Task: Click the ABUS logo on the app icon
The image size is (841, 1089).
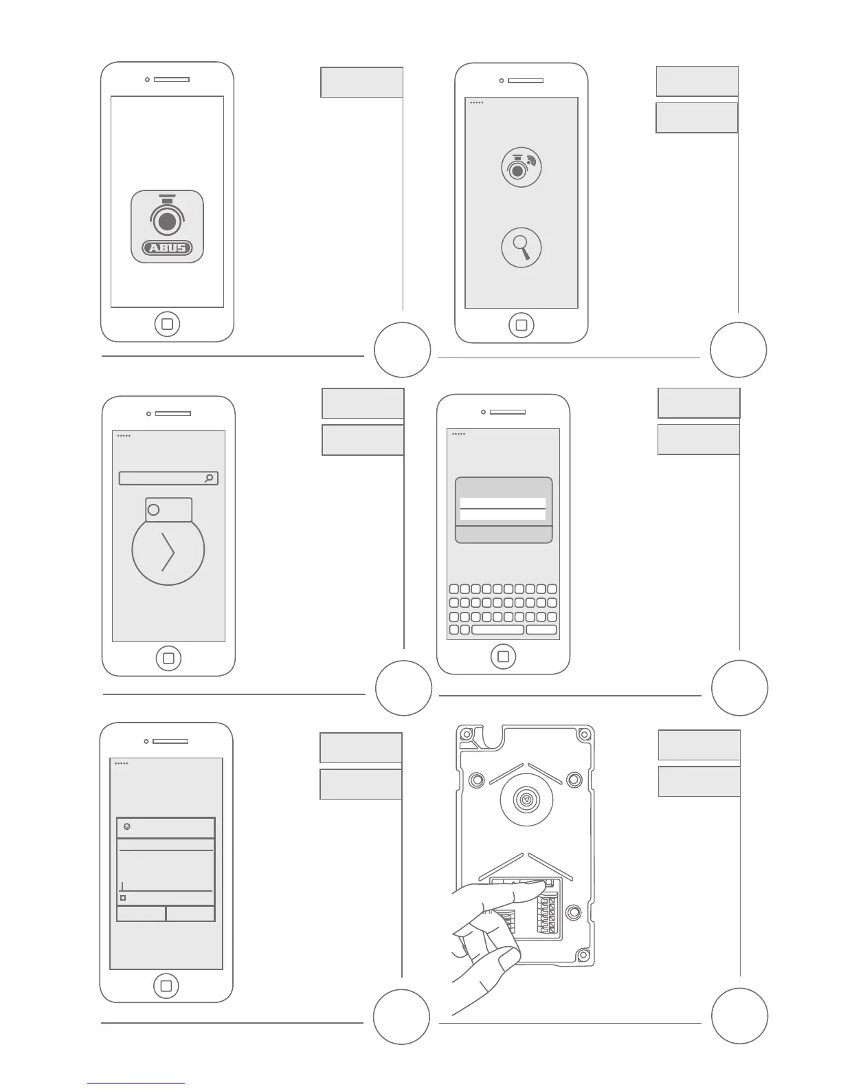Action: coord(167,247)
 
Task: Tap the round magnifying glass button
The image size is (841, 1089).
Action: coord(522,248)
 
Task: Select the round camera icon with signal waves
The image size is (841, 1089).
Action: coord(522,167)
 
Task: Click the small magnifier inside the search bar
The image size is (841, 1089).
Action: coord(210,478)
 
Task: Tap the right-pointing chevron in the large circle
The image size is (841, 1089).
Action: coord(168,551)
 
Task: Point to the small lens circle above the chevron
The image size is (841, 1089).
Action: coord(154,509)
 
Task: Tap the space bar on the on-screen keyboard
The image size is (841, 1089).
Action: coord(498,630)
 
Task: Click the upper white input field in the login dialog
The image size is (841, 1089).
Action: coord(503,503)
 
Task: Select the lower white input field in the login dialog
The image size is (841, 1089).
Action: coord(503,515)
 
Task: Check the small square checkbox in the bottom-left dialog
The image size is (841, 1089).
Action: coord(124,898)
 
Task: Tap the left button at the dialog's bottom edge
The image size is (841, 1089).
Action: coord(142,914)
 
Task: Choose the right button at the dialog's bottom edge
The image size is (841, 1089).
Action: coord(190,914)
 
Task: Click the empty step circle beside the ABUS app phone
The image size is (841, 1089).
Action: coord(403,350)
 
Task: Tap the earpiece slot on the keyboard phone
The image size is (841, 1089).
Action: coord(507,412)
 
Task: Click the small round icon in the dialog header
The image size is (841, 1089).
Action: coord(127,826)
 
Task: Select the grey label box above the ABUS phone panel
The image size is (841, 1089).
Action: coord(361,82)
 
